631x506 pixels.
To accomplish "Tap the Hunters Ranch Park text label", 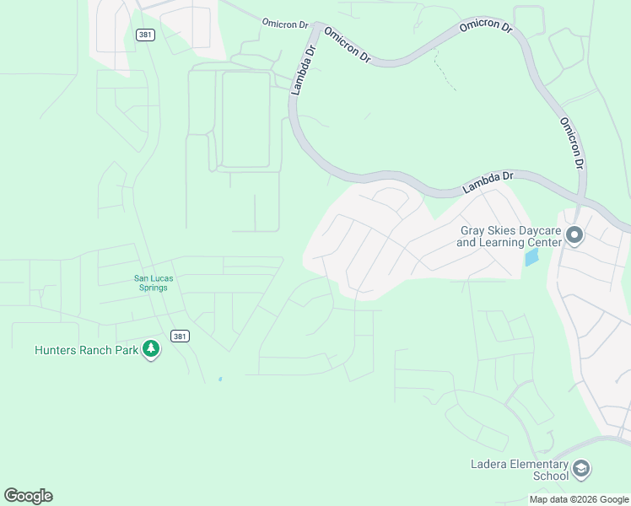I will pyautogui.click(x=85, y=350).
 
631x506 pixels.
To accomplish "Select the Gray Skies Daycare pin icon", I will pyautogui.click(x=574, y=234).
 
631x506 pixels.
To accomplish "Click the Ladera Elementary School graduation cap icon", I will pyautogui.click(x=580, y=468).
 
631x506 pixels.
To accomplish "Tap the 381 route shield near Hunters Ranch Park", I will pyautogui.click(x=179, y=336).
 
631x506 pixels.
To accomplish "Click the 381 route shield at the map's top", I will pyautogui.click(x=144, y=34).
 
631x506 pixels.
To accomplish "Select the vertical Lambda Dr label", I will pyautogui.click(x=302, y=69).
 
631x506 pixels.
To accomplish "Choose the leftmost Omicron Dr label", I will pyautogui.click(x=284, y=24).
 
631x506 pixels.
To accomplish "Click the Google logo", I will pyautogui.click(x=28, y=496).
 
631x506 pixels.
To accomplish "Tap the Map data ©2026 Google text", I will pyautogui.click(x=579, y=499).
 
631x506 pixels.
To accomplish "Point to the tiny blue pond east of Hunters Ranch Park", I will pyautogui.click(x=220, y=379).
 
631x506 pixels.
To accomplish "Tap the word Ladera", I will pyautogui.click(x=488, y=464).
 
